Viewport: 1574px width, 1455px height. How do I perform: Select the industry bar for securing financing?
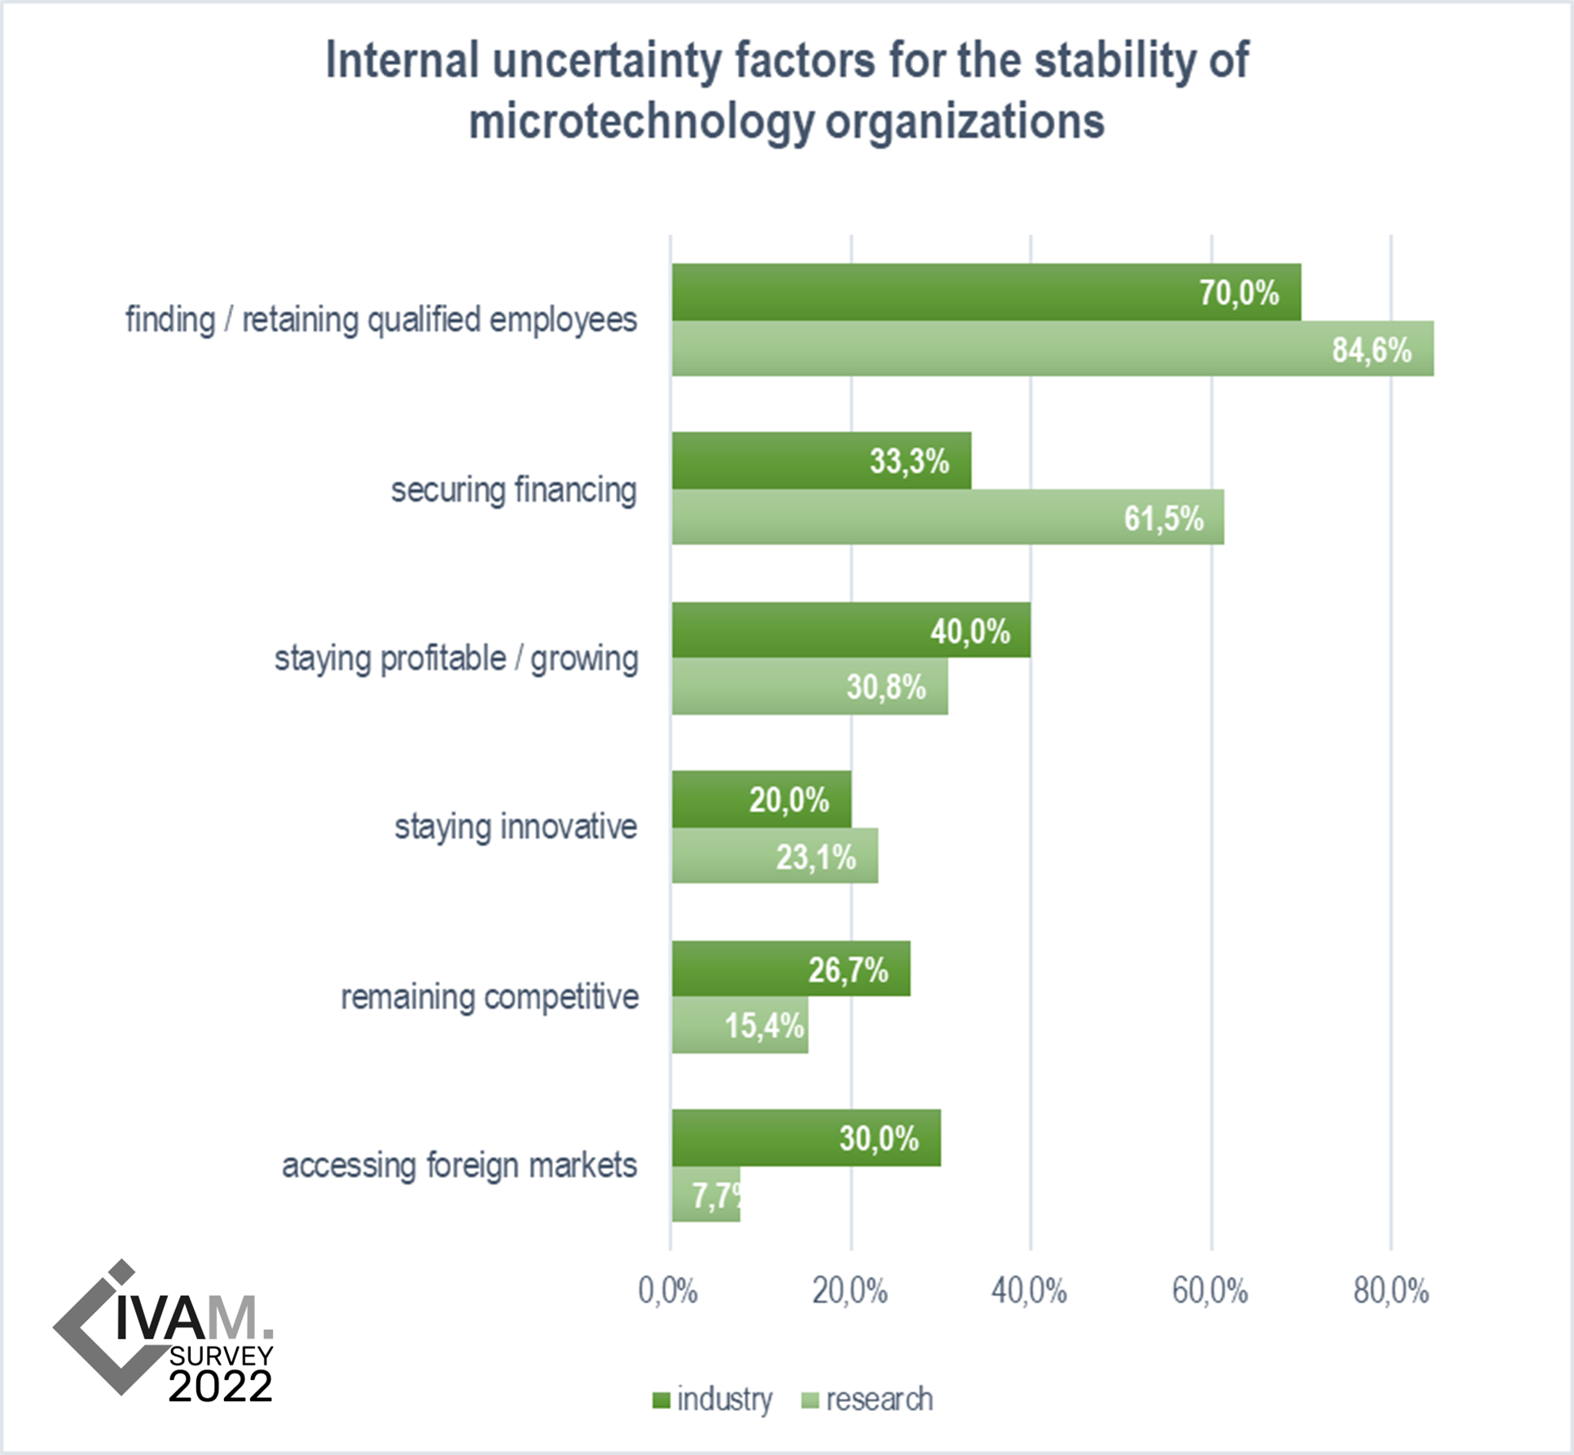pos(821,460)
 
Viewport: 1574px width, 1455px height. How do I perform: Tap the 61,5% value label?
pos(1163,518)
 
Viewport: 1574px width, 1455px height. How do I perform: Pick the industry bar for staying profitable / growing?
pos(851,630)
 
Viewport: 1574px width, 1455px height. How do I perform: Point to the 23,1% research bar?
pos(774,855)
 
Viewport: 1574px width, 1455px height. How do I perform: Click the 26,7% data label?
pos(847,969)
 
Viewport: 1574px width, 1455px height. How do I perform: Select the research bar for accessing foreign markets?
pos(706,1194)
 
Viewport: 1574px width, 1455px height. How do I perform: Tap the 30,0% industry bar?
pos(806,1137)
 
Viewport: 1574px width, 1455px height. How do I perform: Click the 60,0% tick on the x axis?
pos(1210,1291)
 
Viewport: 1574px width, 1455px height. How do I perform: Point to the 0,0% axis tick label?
pos(668,1291)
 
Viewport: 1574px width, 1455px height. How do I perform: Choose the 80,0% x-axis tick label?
pos(1391,1291)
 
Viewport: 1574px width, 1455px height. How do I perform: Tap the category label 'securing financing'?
pos(513,490)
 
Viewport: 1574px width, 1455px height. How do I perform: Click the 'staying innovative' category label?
pos(516,827)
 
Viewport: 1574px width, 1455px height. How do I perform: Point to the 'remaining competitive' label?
pos(489,997)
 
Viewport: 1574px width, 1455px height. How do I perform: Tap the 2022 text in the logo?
pos(220,1386)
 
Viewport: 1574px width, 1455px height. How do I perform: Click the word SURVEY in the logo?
pos(221,1356)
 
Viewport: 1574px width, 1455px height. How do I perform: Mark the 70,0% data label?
pos(1238,292)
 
